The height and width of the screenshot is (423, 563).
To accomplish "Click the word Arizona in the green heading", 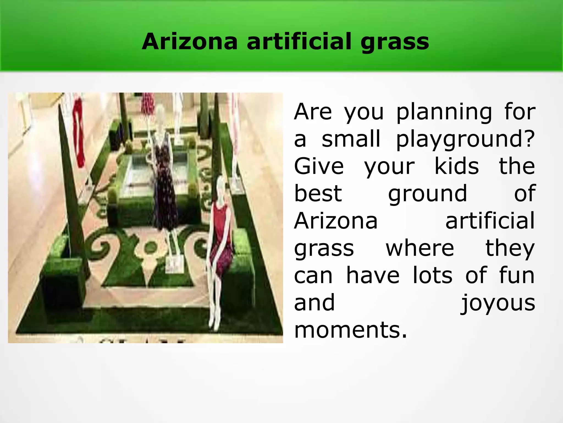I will point(189,42).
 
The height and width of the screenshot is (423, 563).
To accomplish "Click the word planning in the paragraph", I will point(444,112).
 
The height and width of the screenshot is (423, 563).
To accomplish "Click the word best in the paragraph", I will point(318,193).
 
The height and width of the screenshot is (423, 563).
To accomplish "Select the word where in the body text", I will point(420,248).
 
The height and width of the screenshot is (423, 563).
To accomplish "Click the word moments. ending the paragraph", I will point(350,330).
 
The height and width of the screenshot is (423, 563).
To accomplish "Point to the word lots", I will point(432,275).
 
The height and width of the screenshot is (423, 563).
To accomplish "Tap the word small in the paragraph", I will point(351,139).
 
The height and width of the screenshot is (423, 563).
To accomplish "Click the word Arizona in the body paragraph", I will point(336,221).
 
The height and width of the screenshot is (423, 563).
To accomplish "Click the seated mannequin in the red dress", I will point(220,242).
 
